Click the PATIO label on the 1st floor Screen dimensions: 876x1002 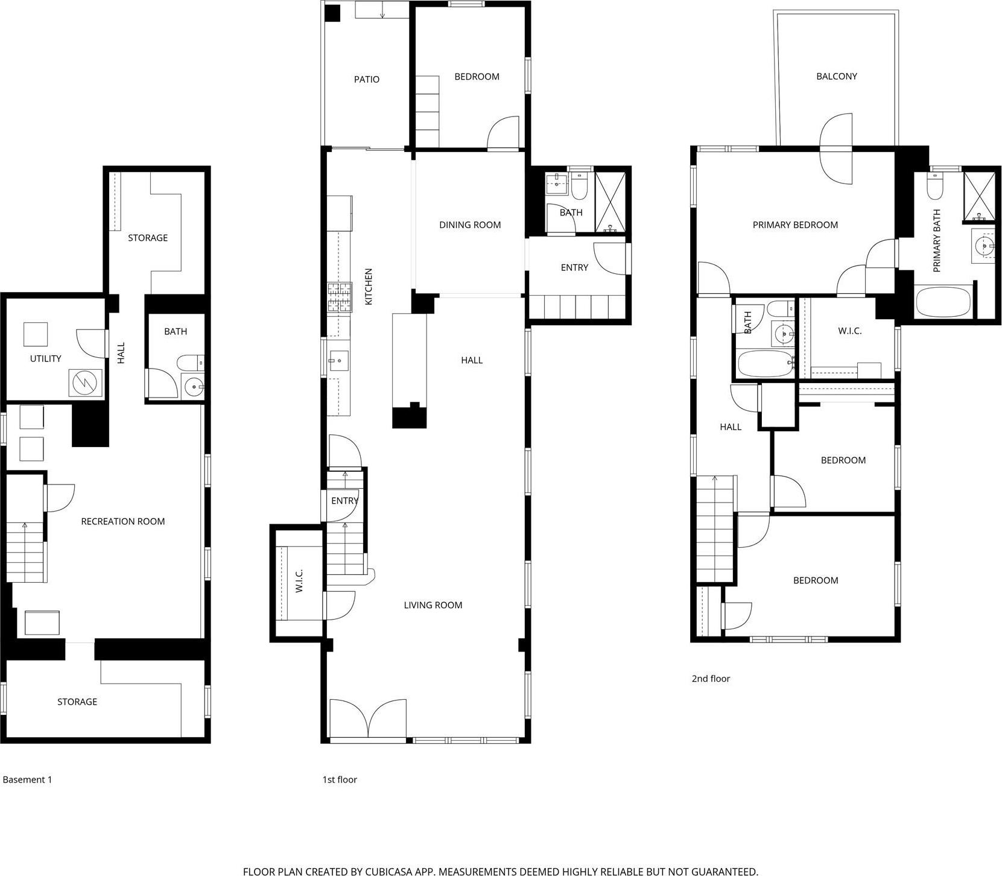click(x=367, y=79)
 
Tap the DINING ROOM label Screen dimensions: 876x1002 click(x=470, y=225)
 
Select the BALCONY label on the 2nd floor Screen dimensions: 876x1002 click(x=836, y=76)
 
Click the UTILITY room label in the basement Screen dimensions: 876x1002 click(x=46, y=358)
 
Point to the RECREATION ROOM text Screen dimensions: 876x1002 click(x=123, y=521)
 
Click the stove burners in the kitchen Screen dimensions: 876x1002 click(x=340, y=297)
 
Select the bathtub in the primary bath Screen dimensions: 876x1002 click(x=943, y=302)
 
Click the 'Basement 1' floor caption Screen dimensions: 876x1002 click(x=27, y=779)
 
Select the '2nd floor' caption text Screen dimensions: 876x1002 click(x=711, y=679)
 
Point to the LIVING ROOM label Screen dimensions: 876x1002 click(x=433, y=605)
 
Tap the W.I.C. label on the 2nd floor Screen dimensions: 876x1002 click(x=849, y=331)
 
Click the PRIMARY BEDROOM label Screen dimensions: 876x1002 click(x=795, y=225)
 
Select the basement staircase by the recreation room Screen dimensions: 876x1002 click(x=27, y=552)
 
